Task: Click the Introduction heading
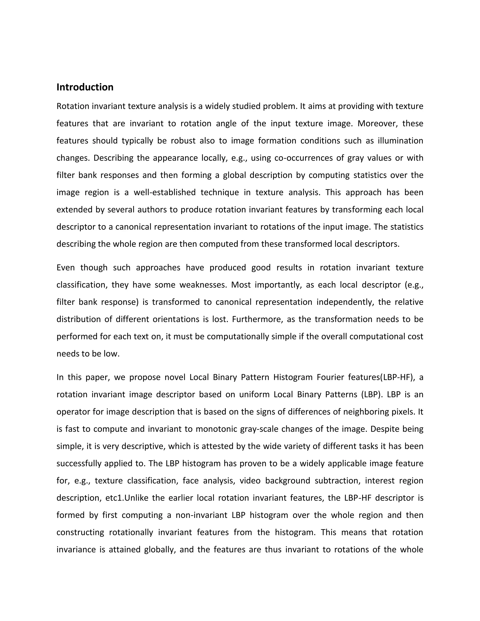click(x=85, y=87)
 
